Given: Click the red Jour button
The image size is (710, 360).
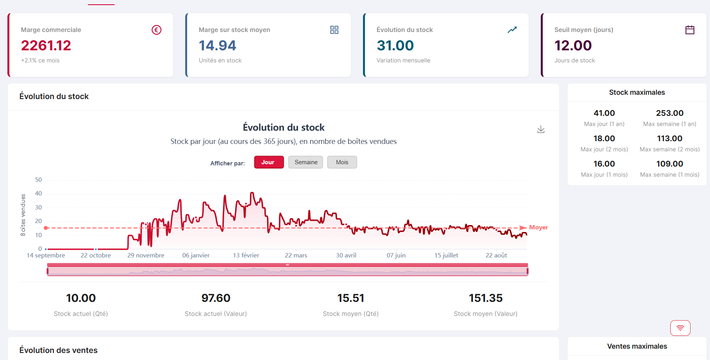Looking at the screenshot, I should point(269,162).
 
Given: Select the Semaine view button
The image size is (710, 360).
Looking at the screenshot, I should point(306,162).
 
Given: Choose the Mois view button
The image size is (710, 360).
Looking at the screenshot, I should point(342,162).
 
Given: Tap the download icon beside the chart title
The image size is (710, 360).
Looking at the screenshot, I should point(541,129).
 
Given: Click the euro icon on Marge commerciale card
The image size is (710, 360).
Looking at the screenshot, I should point(156,30).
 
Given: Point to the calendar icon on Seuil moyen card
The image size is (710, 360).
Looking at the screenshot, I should point(690,30).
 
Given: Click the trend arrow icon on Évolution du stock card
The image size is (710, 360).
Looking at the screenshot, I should point(512,30).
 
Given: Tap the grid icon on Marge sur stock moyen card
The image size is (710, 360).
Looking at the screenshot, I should point(334,30).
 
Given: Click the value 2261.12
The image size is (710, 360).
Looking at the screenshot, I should point(46,46).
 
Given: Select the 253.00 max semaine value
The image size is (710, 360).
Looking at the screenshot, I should point(669,113).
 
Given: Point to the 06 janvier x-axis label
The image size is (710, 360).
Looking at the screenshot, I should point(196,255).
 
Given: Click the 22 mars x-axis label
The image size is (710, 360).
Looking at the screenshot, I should point(296,255).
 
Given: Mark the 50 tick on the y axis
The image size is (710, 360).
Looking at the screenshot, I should point(38,180).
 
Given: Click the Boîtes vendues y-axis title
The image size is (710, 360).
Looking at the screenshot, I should point(23,215).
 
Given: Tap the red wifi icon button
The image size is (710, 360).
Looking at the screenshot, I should point(680,328).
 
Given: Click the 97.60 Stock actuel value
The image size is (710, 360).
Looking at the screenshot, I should point(216,298).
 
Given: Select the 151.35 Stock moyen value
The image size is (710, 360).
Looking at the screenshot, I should point(485,298).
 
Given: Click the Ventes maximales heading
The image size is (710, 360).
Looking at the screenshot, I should point(637,346).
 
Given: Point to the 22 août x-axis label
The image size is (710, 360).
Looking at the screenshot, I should point(496,255).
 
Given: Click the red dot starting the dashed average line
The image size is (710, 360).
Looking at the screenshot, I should point(46,228).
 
